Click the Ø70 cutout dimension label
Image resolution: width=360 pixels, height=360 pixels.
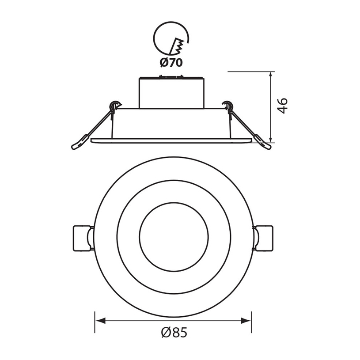point(171,62)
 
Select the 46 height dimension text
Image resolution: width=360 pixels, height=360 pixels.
point(282,106)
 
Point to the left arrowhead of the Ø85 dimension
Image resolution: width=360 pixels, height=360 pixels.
point(100,321)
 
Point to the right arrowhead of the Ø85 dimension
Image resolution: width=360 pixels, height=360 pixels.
point(246,321)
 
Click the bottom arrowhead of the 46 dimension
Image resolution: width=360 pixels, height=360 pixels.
point(271,137)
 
